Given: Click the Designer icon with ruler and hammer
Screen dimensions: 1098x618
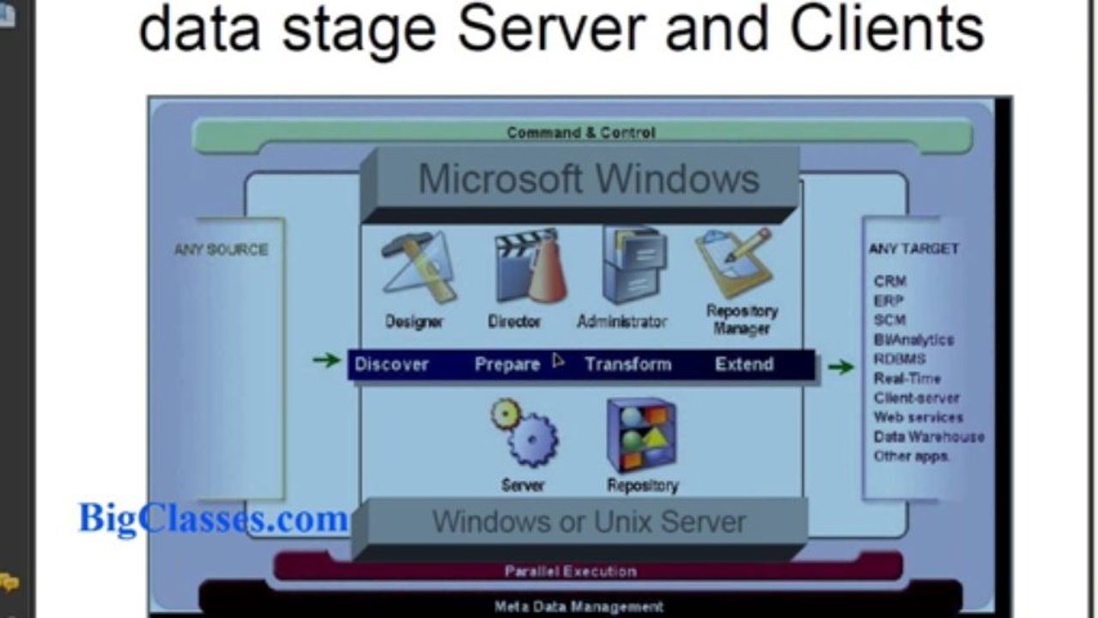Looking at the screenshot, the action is (x=419, y=267).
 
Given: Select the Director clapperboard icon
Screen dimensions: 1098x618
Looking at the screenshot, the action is (x=531, y=265).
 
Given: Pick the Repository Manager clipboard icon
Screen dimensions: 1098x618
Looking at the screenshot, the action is (x=735, y=262).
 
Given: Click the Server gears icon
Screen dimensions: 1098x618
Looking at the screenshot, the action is (x=525, y=433).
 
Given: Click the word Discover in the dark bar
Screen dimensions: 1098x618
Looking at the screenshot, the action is (x=391, y=365).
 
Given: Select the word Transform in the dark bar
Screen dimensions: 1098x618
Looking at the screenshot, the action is (x=628, y=365).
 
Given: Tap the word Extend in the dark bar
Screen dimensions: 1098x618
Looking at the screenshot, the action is (x=744, y=364).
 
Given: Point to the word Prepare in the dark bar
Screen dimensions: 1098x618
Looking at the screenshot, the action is (x=507, y=365).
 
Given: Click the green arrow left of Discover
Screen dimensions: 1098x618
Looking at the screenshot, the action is (x=326, y=360).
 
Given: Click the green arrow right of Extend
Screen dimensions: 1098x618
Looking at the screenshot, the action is (x=841, y=367).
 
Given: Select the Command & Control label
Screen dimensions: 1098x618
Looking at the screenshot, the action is (x=581, y=132).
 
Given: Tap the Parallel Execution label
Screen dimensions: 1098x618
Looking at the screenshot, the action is (x=571, y=571).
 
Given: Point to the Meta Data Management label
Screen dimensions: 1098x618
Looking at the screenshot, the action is (x=579, y=607).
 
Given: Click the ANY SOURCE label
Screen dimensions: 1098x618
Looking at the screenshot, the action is (x=221, y=250).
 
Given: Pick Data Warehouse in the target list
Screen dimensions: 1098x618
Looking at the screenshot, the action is (x=929, y=437).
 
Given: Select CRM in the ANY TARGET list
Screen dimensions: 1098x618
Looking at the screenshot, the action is (x=890, y=282).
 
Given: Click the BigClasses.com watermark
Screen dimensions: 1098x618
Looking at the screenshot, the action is (x=213, y=519).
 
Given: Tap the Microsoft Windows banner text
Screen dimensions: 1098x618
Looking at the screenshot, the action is (x=589, y=179).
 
